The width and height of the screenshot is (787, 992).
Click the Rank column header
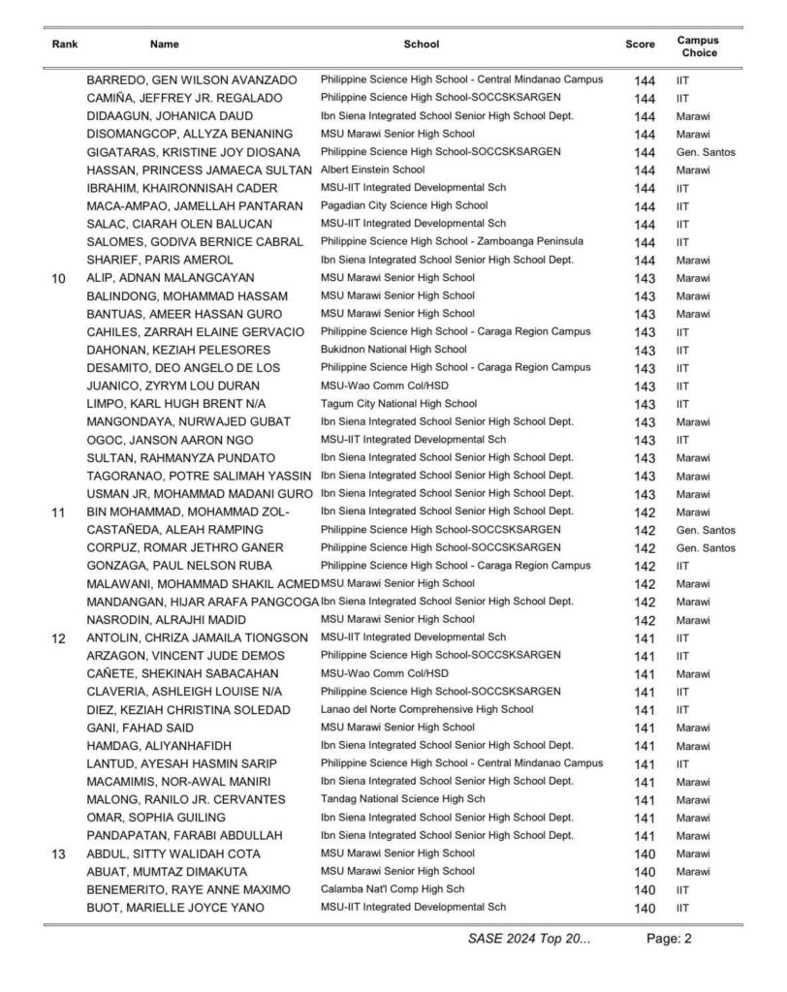pyautogui.click(x=64, y=44)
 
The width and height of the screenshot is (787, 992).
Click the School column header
pyautogui.click(x=421, y=44)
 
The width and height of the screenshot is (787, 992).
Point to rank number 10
pyautogui.click(x=58, y=278)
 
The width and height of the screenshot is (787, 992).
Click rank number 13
pyautogui.click(x=58, y=853)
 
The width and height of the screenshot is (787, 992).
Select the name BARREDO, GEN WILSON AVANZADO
pyautogui.click(x=192, y=79)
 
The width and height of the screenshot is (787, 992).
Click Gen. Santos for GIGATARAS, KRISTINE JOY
pyautogui.click(x=707, y=152)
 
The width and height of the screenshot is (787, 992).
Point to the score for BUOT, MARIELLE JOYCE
pyautogui.click(x=645, y=908)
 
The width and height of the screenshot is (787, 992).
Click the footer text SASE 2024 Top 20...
pyautogui.click(x=528, y=939)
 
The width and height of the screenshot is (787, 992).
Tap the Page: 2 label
pyautogui.click(x=670, y=939)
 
